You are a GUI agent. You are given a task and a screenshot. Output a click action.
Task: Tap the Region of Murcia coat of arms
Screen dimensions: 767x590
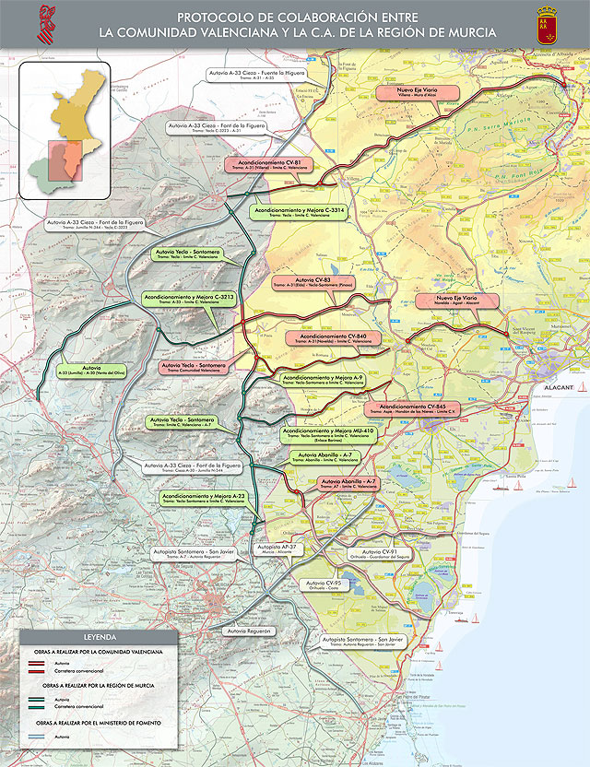[545, 25]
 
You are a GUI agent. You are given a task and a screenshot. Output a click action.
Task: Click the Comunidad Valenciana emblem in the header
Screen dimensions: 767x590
[44, 25]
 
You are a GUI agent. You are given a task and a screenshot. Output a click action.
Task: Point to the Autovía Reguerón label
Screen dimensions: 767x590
[246, 631]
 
